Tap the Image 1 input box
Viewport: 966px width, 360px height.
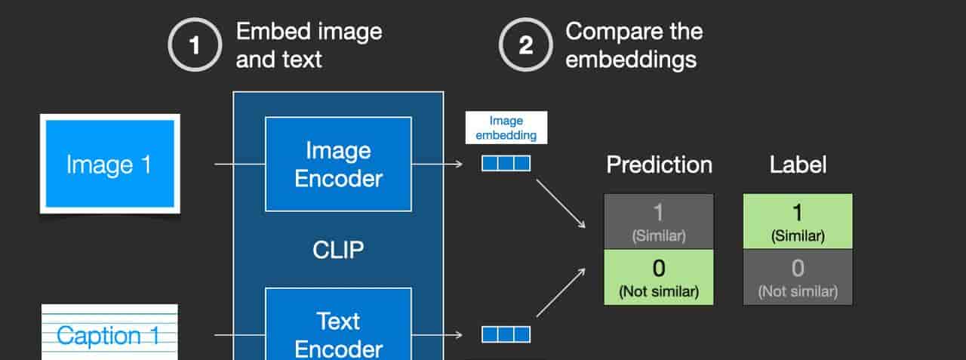point(110,164)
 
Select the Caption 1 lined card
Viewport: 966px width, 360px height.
point(109,332)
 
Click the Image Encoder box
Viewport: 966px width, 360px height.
point(339,165)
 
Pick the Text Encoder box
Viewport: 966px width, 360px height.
point(339,324)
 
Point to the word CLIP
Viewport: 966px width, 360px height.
point(338,250)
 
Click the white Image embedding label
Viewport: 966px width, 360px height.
point(506,128)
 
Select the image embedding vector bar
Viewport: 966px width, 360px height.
point(506,164)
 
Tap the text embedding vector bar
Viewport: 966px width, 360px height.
point(506,334)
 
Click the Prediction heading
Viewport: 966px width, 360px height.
point(659,165)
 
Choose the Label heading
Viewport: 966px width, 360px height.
point(798,165)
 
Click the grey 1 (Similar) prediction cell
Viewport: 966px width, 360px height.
point(659,222)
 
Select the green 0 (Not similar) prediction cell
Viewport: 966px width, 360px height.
point(659,278)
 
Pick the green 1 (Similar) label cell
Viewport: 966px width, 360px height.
point(798,221)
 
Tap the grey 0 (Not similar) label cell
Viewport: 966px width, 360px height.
point(798,278)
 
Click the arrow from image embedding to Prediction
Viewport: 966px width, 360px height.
point(561,204)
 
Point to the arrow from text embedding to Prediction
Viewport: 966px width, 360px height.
point(561,292)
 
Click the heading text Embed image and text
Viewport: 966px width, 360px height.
point(309,45)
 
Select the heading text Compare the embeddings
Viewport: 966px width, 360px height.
point(634,45)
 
